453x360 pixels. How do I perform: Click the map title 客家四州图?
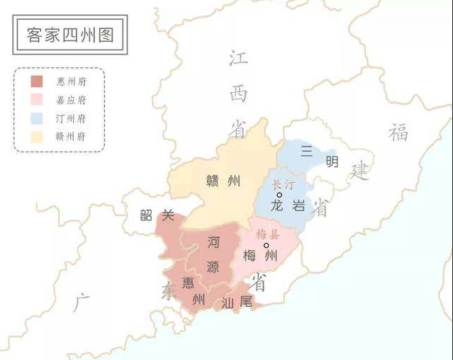pos(69,35)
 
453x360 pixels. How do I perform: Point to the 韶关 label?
pos(157,215)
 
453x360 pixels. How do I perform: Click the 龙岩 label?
pos(287,206)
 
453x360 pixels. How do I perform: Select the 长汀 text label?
pos(281,184)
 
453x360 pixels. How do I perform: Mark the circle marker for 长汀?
pos(279,195)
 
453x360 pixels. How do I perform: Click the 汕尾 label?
pos(237,303)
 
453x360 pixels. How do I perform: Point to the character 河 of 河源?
pos(213,242)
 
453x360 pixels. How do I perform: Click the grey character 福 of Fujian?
pos(398,132)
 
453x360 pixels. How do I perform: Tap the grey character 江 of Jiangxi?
pos(238,58)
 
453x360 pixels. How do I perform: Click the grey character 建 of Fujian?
pos(360,170)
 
